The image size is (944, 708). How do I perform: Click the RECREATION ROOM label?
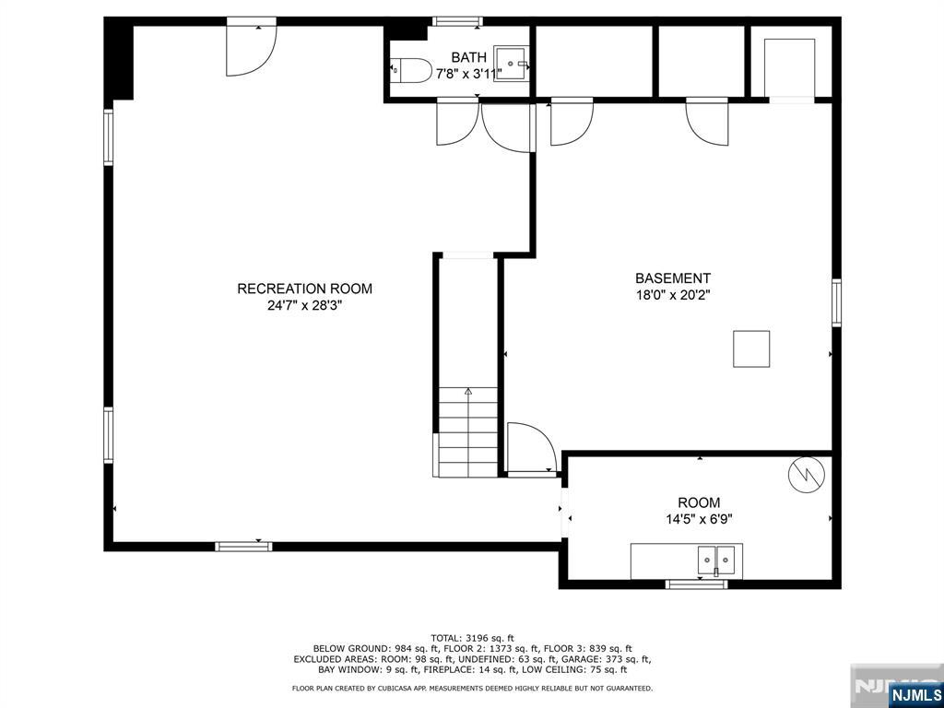click(304, 289)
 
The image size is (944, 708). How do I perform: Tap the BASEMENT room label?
click(673, 278)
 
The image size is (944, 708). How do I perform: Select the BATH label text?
click(469, 58)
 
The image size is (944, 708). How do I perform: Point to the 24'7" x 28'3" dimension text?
click(304, 305)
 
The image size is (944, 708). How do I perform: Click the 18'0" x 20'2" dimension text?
click(673, 295)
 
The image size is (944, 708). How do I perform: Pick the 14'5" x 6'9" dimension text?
click(699, 519)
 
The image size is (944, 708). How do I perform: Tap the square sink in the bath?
click(511, 64)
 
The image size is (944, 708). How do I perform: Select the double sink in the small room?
click(716, 560)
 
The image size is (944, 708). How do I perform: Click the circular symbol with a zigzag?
click(805, 477)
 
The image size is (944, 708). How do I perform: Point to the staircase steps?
click(467, 432)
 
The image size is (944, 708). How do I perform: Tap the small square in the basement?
click(751, 348)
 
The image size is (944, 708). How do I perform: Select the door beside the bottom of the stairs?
click(532, 449)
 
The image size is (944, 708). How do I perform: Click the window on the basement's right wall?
click(836, 302)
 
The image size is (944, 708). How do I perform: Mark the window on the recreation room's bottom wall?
click(243, 547)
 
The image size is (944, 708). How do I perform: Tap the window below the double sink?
click(697, 584)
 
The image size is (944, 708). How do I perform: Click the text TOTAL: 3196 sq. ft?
click(473, 638)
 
